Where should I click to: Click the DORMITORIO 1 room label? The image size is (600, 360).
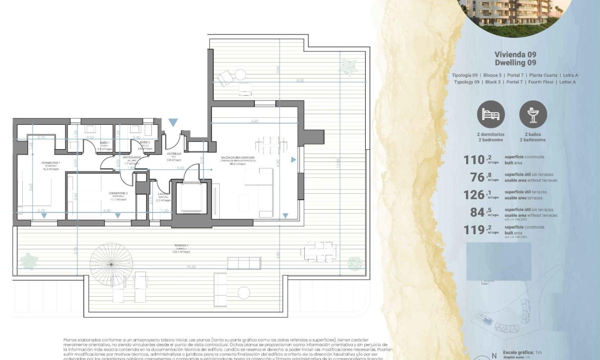point(51,163)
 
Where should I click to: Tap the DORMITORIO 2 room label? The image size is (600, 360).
point(118,194)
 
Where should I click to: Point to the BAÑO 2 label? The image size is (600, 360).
point(145,143)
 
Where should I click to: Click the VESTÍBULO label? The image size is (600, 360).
point(174,154)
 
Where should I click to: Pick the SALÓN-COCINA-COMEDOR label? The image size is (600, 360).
point(238,158)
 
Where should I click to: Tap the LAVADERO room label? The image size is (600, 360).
point(163,194)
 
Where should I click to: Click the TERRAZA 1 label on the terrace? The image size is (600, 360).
point(181,246)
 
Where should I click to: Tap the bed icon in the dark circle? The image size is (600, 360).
point(491,114)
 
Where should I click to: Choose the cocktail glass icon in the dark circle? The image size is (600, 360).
point(533,114)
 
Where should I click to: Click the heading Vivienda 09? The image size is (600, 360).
point(515,55)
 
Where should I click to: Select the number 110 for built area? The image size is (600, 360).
point(475,160)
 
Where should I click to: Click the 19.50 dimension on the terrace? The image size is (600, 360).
point(191,267)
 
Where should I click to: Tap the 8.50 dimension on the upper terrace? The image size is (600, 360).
point(300,81)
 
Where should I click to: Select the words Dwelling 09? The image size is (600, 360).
point(515,63)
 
